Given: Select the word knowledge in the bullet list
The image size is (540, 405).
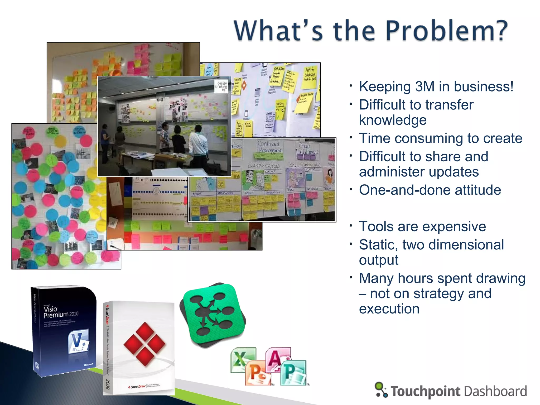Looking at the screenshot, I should tap(393, 120).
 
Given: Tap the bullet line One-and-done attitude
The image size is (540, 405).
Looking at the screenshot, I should tap(430, 190).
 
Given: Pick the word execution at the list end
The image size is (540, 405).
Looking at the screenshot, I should tap(389, 309).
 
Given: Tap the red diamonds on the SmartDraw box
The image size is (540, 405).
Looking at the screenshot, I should tap(144, 344).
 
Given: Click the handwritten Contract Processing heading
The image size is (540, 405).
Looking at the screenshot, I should tap(269, 147).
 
